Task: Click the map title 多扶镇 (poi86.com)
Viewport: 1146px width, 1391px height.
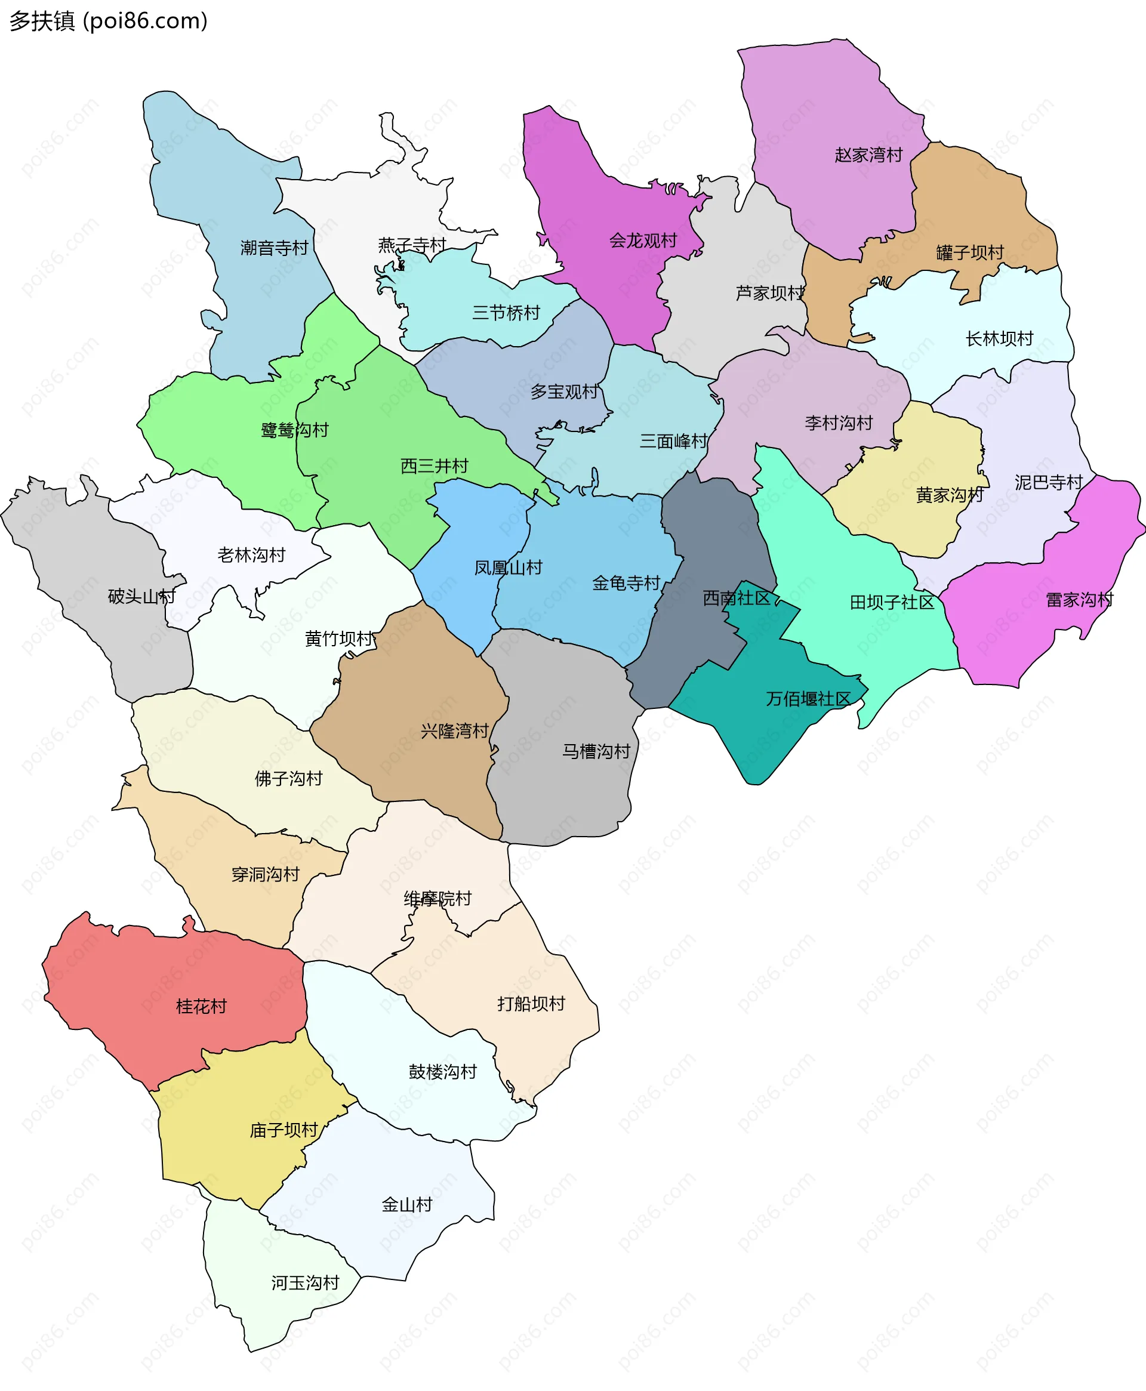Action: click(x=108, y=21)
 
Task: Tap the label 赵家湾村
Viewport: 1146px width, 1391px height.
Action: click(x=868, y=155)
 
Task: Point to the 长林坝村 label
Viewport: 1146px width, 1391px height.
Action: click(x=999, y=338)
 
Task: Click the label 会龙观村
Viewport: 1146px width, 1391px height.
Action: click(x=642, y=240)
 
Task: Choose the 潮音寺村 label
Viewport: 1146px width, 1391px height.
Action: click(x=274, y=248)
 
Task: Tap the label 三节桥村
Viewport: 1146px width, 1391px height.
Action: click(x=506, y=313)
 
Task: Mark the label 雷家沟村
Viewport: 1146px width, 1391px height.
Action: click(x=1079, y=600)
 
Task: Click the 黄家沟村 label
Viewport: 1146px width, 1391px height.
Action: click(x=949, y=495)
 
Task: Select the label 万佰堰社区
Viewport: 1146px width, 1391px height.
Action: click(x=808, y=699)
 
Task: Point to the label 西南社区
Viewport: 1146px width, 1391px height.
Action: click(x=736, y=598)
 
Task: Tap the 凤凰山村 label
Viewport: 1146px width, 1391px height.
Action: click(x=508, y=567)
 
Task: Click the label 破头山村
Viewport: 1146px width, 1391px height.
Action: click(x=141, y=597)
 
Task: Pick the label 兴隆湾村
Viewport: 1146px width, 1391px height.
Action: click(x=454, y=731)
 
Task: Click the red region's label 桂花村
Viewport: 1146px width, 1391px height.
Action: click(x=201, y=1006)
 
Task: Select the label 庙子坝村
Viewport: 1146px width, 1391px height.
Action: click(x=284, y=1130)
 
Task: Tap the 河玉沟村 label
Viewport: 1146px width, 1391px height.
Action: click(x=305, y=1283)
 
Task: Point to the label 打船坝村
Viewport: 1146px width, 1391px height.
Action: click(x=531, y=1004)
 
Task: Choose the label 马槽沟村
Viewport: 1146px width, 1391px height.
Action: click(x=596, y=751)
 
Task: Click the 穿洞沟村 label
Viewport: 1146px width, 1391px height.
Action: click(x=266, y=874)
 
